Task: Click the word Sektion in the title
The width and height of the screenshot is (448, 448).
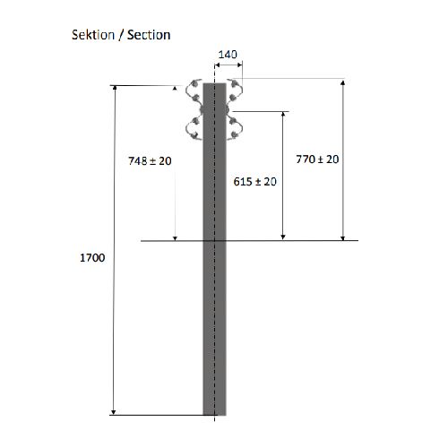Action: coord(93,35)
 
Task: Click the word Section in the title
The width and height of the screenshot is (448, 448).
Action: coord(149,35)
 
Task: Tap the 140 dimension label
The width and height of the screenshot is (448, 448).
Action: coord(228,55)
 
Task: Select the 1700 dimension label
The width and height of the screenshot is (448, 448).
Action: coord(92,257)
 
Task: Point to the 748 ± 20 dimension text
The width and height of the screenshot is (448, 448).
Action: coord(150,161)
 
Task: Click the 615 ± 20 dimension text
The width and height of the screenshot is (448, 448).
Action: coord(255,182)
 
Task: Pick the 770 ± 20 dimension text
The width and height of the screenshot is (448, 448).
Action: coord(317,159)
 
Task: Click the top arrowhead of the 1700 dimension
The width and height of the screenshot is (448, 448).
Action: coord(115,88)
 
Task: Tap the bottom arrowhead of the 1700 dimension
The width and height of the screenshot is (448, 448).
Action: coord(113,412)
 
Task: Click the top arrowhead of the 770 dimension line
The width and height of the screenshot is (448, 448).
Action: coord(343,82)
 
